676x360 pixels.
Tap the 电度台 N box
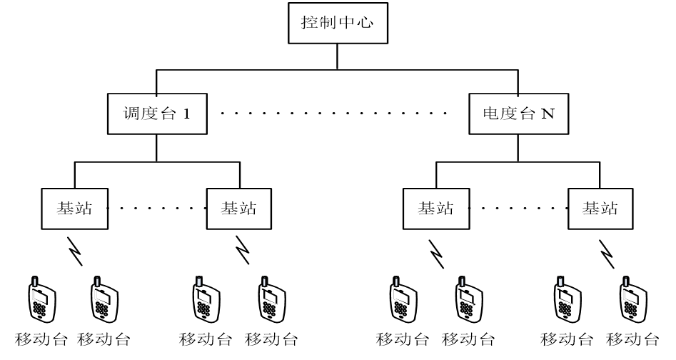[518, 112]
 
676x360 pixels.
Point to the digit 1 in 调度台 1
[186, 113]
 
